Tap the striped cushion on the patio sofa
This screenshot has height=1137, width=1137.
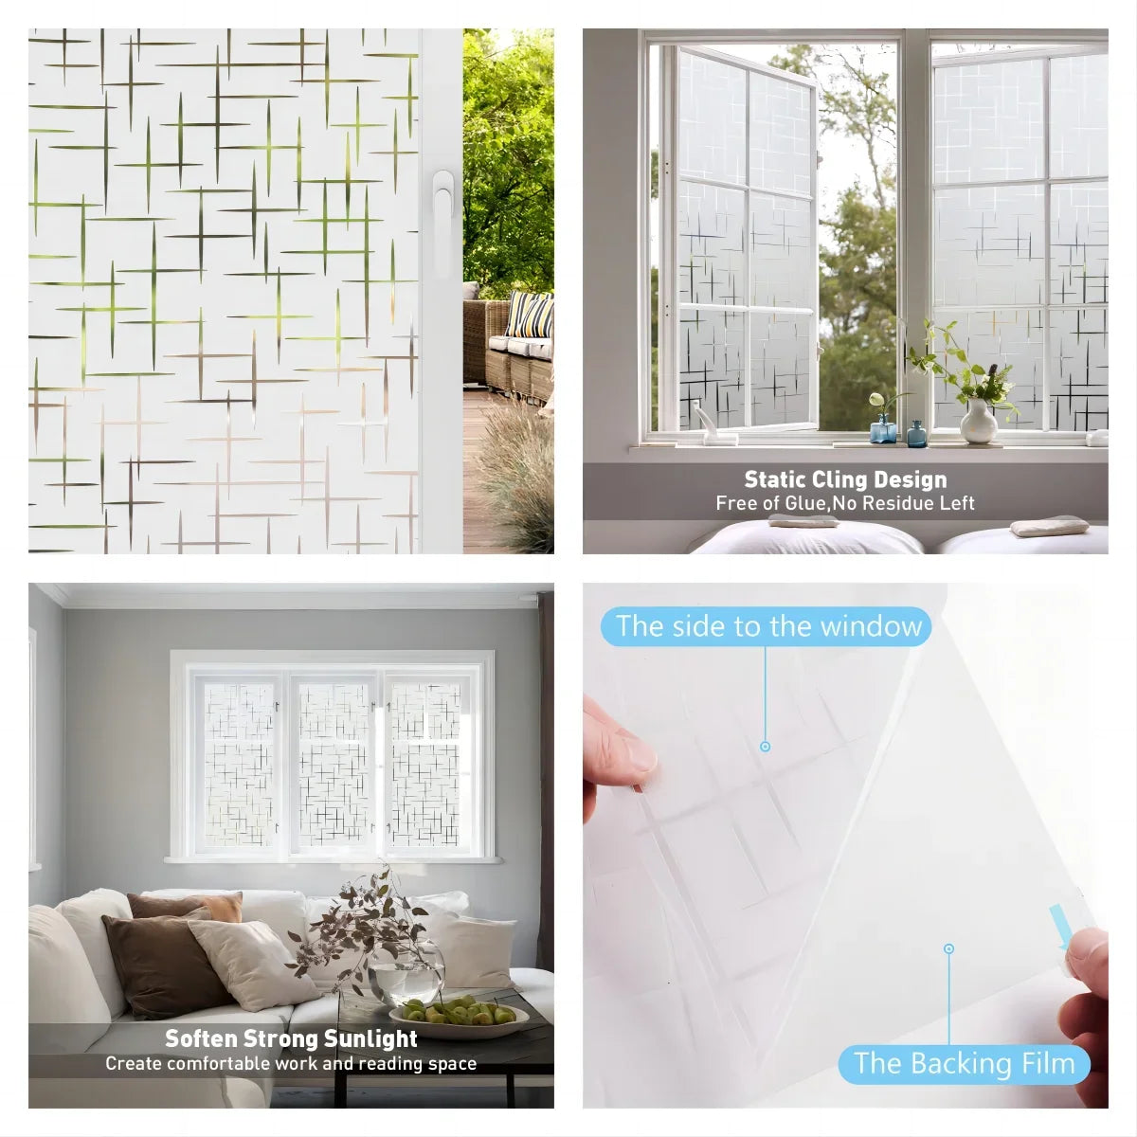point(530,315)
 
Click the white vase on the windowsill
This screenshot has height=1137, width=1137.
point(979,422)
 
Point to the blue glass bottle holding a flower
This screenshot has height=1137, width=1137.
point(882,428)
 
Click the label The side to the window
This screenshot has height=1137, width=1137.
point(767,626)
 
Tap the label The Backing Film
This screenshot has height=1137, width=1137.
point(965,1063)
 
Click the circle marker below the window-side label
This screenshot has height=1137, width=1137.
point(765,747)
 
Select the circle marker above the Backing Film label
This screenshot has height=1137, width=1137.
point(948,948)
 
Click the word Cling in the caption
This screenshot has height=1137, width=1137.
point(853,479)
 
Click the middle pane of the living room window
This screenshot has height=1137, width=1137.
point(334,763)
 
